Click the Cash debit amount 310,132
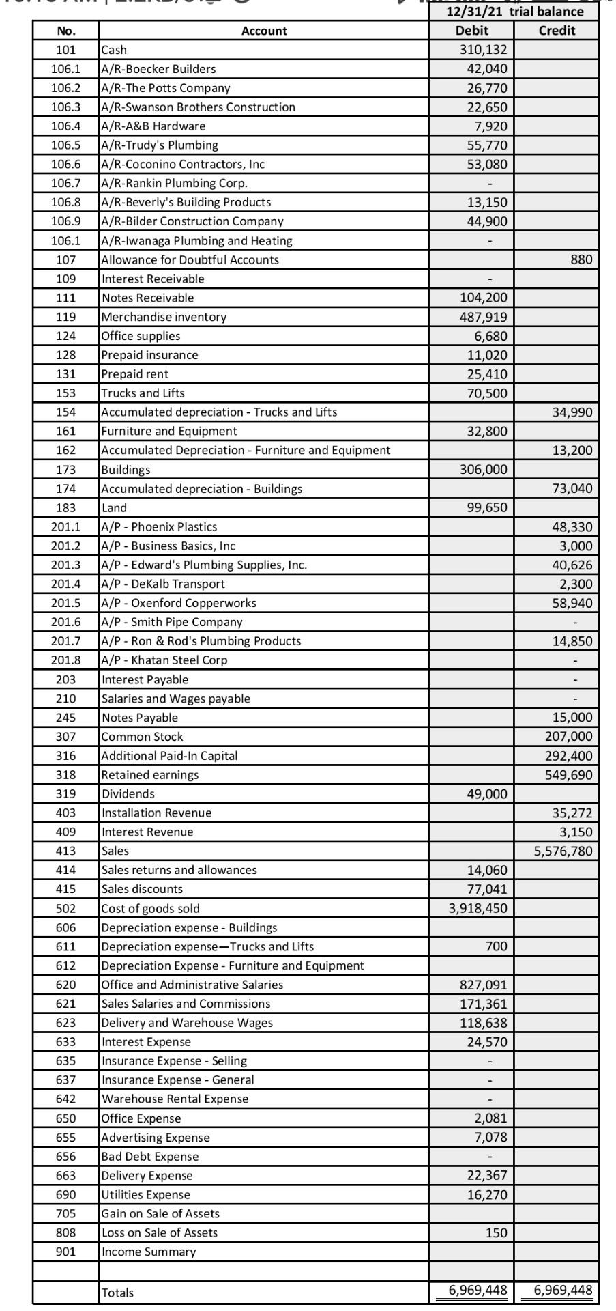tap(485, 50)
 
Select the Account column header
tap(264, 31)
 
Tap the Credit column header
tap(557, 31)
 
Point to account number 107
tap(66, 260)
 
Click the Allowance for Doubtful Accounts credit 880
tap(581, 260)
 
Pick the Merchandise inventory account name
tap(164, 317)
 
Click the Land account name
tap(114, 508)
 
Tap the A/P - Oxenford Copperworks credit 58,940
tap(572, 603)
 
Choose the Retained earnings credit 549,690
tap(568, 775)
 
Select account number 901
tap(66, 1252)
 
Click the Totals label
tap(117, 1293)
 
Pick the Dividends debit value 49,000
tap(486, 794)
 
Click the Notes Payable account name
tap(139, 718)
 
